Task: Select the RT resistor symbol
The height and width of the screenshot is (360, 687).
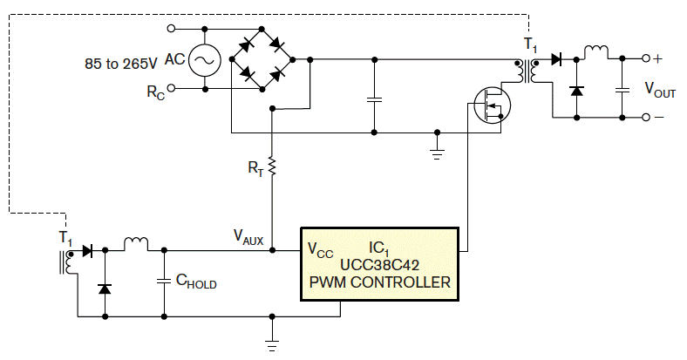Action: click(272, 166)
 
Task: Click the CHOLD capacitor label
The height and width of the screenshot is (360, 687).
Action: click(196, 282)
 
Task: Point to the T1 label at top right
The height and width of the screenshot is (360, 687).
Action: click(530, 44)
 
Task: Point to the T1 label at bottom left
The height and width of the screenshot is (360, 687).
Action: click(65, 236)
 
